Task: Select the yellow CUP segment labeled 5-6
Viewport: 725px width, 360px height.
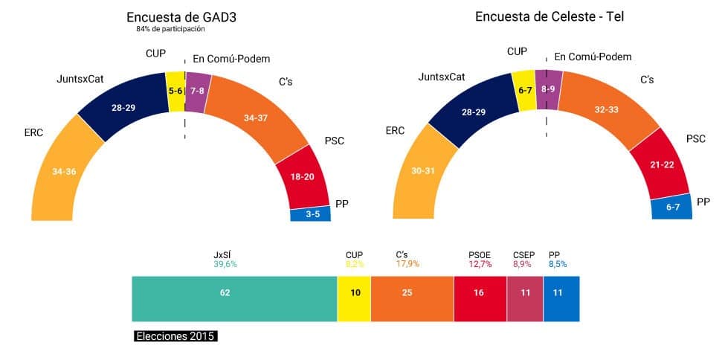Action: click(175, 91)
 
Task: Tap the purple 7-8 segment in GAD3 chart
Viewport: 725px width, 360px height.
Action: click(199, 91)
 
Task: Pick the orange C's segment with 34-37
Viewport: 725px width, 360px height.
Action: click(257, 118)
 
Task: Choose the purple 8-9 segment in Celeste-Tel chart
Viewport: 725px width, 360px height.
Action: click(549, 89)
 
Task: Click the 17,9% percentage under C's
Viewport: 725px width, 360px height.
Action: click(407, 263)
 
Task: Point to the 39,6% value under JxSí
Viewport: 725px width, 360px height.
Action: click(225, 263)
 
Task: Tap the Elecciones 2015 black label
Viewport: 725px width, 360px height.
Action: click(175, 336)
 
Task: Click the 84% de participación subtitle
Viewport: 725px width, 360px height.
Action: click(170, 30)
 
